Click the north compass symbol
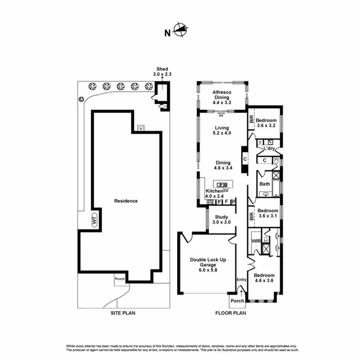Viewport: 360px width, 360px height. (x=180, y=31)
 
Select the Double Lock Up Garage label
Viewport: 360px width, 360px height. (x=208, y=264)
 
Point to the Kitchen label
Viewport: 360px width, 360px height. (x=214, y=193)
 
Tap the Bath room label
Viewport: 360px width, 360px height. (x=264, y=184)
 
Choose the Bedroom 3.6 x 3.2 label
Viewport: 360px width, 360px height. (x=266, y=123)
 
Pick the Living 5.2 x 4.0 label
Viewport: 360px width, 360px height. (x=222, y=130)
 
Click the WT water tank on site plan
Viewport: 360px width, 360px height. (x=95, y=220)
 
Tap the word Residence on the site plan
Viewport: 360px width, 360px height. (x=126, y=201)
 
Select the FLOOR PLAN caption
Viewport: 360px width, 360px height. (x=232, y=313)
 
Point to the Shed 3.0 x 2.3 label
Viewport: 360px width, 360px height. (x=162, y=72)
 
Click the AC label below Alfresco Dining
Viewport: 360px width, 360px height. (x=221, y=116)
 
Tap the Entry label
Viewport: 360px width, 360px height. (x=241, y=279)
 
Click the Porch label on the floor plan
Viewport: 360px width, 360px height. (x=237, y=301)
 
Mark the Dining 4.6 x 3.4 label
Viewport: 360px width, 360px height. (x=222, y=166)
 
